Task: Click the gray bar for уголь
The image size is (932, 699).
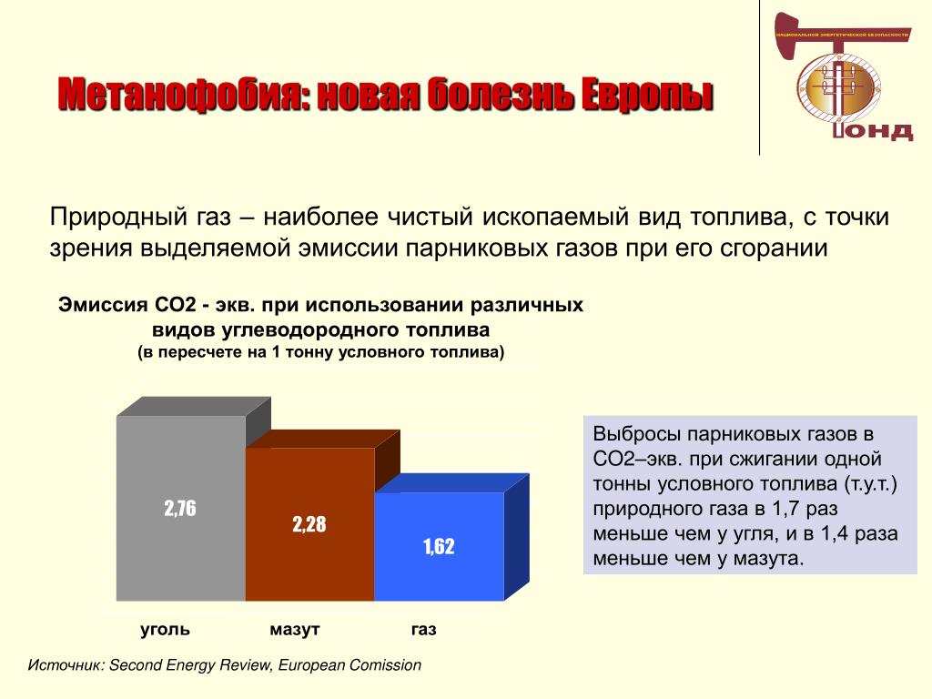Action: (x=181, y=508)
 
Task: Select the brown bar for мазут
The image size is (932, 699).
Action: (x=309, y=523)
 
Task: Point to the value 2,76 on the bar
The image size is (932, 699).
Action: (x=180, y=508)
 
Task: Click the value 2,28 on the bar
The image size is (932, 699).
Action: (x=309, y=524)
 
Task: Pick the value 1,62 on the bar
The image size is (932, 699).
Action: (x=439, y=546)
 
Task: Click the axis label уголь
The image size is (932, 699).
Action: (x=166, y=630)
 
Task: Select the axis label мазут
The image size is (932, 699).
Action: (x=295, y=630)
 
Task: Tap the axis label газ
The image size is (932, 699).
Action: (x=424, y=630)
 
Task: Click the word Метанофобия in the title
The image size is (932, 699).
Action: (x=185, y=95)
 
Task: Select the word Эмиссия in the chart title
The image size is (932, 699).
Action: (x=103, y=305)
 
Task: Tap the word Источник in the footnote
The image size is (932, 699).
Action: (x=66, y=665)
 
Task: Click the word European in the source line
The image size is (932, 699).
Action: (x=311, y=665)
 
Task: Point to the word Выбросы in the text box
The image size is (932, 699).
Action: (x=636, y=434)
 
